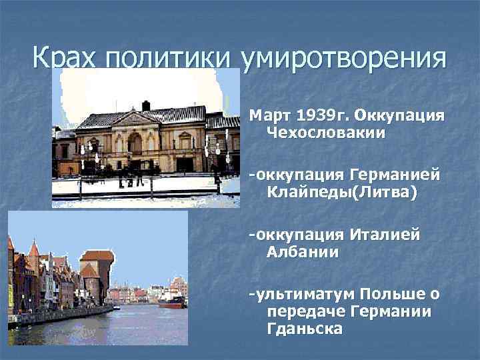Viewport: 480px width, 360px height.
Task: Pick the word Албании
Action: pos(302,252)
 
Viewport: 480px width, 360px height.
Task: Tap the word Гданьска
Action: pos(304,329)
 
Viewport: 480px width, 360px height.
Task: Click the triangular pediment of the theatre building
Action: pos(136,118)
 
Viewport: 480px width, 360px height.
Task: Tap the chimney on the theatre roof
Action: pos(146,105)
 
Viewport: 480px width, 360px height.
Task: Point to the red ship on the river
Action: pos(173,303)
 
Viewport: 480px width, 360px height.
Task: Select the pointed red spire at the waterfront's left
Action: pos(34,250)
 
